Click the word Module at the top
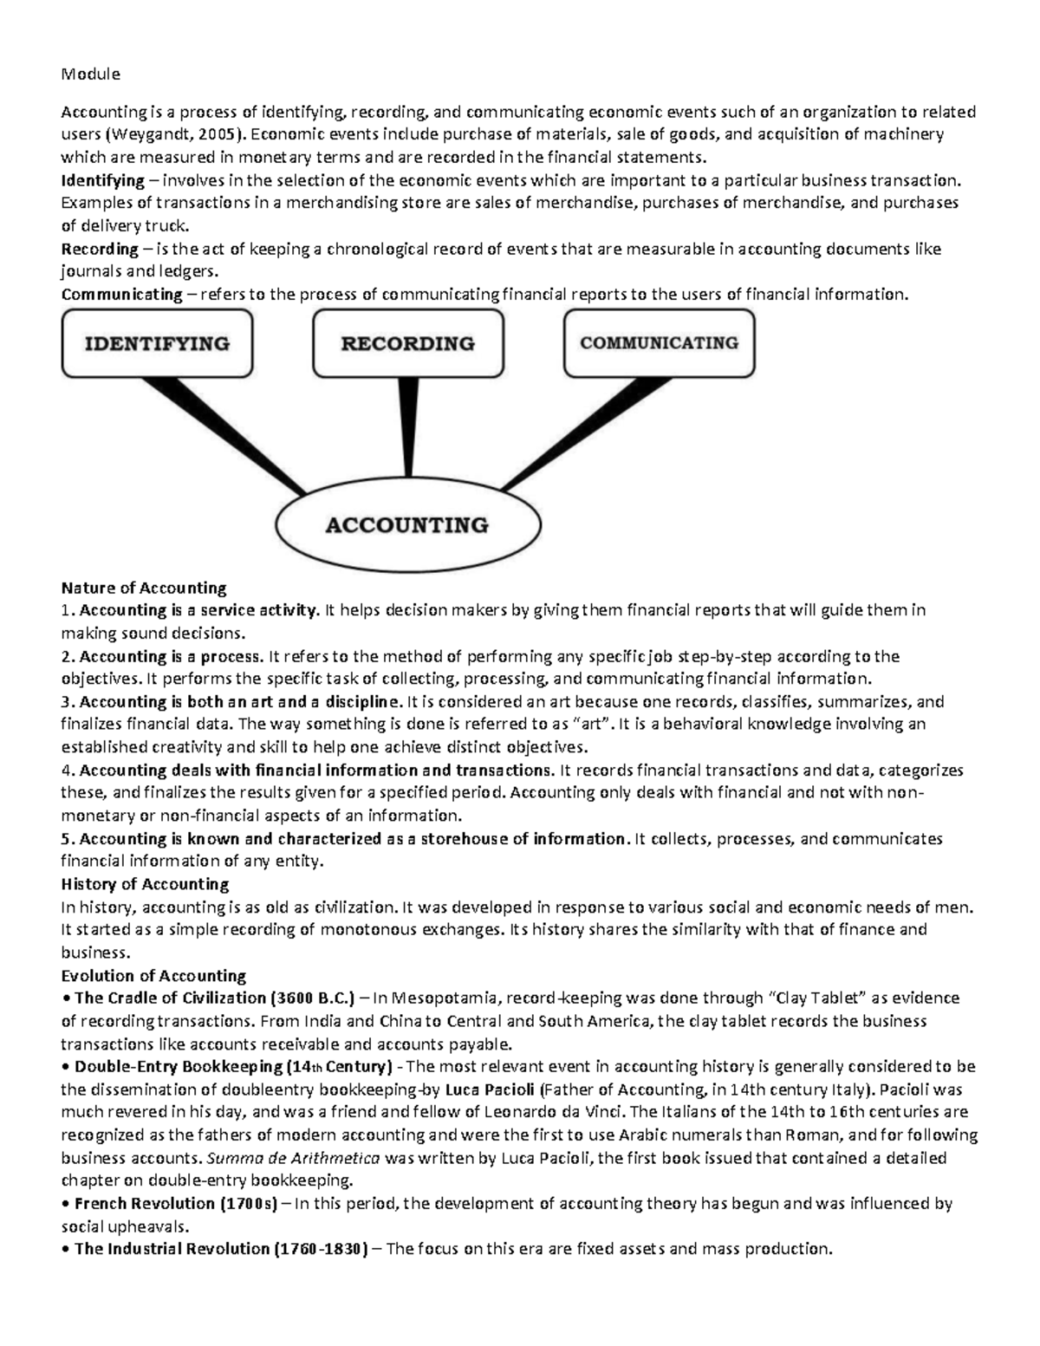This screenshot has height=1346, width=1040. point(90,74)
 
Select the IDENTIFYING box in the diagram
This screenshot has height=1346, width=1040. point(157,344)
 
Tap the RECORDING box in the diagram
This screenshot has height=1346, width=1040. point(407,344)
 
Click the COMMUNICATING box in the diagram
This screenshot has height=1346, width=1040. point(659,343)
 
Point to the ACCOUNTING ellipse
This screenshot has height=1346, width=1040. point(406,525)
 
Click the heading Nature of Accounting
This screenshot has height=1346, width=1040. point(143,588)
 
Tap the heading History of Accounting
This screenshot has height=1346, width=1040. point(145,884)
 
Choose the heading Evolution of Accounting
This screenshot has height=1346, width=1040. point(153,975)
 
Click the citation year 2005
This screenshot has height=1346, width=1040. point(215,134)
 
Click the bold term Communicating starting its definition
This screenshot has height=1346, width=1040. point(121,294)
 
